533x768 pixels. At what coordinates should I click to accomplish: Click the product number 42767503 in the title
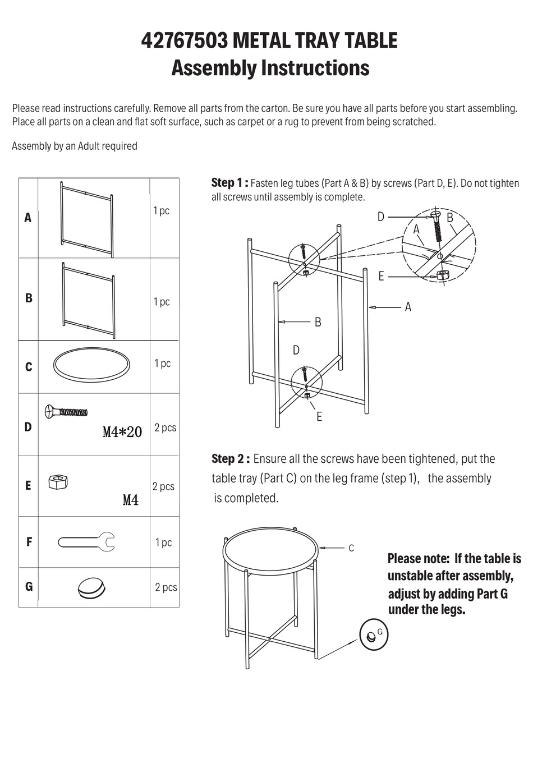tap(184, 41)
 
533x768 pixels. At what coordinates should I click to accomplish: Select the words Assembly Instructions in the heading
tap(270, 68)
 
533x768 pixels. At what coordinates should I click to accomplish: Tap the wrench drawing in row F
tap(87, 542)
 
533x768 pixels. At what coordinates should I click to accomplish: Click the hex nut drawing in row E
tap(57, 481)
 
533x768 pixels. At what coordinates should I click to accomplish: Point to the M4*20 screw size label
tap(122, 432)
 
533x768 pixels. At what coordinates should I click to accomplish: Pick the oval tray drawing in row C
tap(91, 365)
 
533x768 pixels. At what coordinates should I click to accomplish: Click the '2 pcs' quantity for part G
tap(166, 587)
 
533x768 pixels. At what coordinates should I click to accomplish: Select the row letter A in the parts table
tap(28, 218)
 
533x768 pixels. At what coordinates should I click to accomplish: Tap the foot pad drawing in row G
tap(90, 587)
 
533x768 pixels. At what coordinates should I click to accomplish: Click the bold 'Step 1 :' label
tap(229, 183)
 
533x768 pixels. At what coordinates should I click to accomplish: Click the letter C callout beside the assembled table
tap(351, 548)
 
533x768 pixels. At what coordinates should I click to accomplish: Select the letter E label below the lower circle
tap(319, 417)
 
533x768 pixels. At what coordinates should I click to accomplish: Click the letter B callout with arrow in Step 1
tap(318, 322)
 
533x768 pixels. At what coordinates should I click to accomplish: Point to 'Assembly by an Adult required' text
tap(75, 146)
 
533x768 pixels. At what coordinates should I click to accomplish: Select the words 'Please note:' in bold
tap(419, 559)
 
